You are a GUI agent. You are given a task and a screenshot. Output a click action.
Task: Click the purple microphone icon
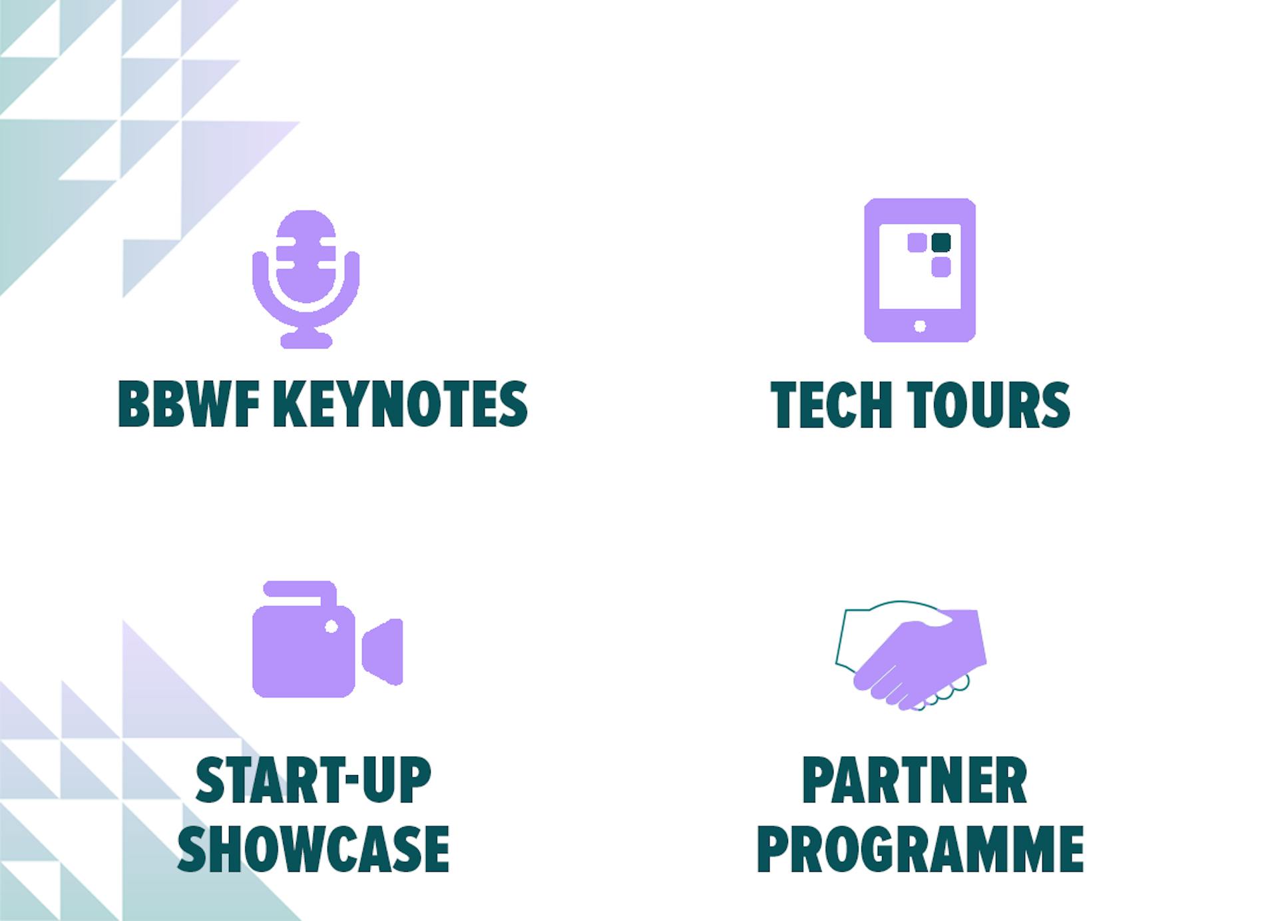pyautogui.click(x=306, y=279)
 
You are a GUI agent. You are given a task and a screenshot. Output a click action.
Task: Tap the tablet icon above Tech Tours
pyautogui.click(x=920, y=270)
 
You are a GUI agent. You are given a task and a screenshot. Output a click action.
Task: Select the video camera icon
pyautogui.click(x=327, y=639)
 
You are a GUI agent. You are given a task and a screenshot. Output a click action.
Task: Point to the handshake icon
pyautogui.click(x=911, y=655)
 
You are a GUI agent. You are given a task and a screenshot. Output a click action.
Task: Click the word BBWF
pyautogui.click(x=188, y=404)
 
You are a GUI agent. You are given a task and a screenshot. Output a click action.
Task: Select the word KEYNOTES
pyautogui.click(x=401, y=404)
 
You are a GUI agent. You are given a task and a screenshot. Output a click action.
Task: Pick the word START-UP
pyautogui.click(x=314, y=780)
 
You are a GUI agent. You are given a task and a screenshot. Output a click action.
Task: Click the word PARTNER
pyautogui.click(x=915, y=780)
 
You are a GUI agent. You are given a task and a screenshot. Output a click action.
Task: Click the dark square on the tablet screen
pyautogui.click(x=941, y=243)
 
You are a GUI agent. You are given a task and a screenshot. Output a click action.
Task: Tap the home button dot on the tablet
pyautogui.click(x=920, y=326)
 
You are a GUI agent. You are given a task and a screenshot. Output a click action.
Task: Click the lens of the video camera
pyautogui.click(x=383, y=652)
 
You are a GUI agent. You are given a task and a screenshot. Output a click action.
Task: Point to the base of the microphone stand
pyautogui.click(x=306, y=340)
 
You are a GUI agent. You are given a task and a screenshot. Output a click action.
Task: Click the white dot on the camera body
pyautogui.click(x=331, y=627)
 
